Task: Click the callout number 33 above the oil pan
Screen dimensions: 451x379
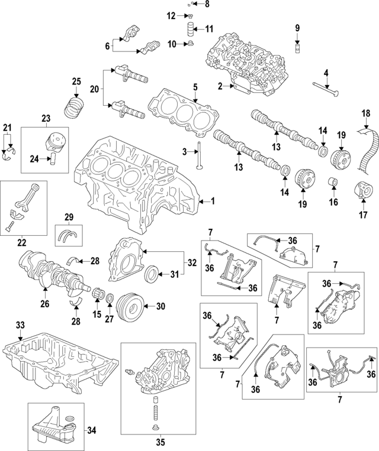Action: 21,325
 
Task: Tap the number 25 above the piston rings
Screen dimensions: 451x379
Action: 76,82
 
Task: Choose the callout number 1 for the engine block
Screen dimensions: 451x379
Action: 213,202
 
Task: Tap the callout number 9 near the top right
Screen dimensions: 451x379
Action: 297,27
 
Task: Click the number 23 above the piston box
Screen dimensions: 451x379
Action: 45,118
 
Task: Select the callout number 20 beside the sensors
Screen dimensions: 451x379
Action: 94,89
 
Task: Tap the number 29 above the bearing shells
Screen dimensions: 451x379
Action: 69,218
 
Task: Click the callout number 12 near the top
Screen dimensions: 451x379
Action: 171,16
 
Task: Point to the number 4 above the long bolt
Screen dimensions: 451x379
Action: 326,73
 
